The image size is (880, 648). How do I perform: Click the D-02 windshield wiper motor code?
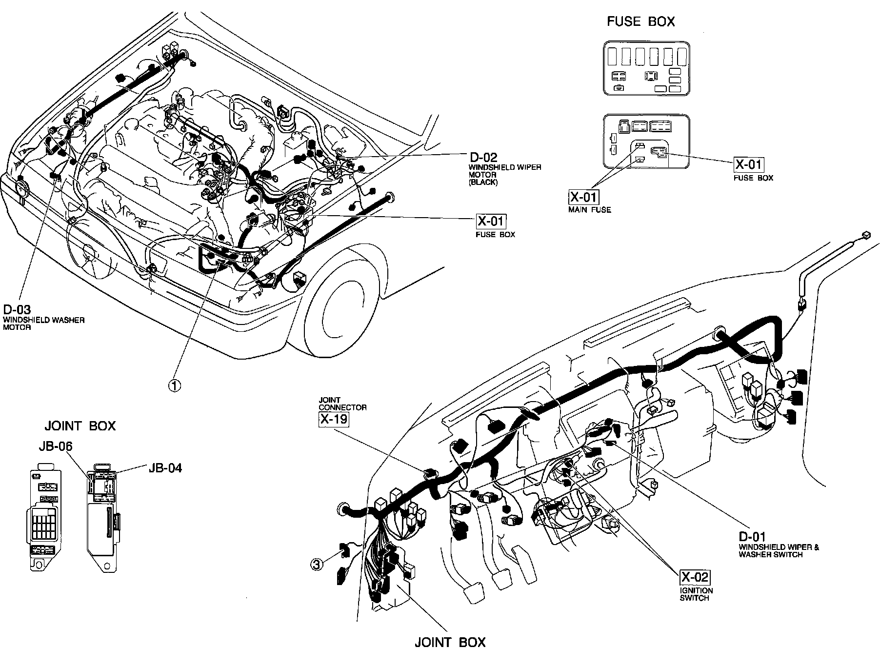point(483,157)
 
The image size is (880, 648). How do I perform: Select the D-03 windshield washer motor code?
point(17,309)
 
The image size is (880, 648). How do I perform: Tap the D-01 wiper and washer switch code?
point(752,537)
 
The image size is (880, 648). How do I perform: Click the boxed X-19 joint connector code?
point(334,418)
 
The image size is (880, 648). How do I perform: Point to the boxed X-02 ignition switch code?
point(695,578)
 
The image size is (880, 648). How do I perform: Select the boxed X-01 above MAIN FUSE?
point(584,197)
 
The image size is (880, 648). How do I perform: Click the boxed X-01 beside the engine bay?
point(491,221)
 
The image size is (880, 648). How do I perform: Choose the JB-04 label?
point(165,468)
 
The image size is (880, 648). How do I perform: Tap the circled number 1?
point(174,385)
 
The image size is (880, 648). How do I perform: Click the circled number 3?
point(317,565)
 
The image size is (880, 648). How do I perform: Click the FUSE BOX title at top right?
point(640,21)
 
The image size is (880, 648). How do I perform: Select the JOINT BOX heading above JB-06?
point(80,425)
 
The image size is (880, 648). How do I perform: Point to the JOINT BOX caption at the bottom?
point(450,642)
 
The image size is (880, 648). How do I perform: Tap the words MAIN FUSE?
point(589,210)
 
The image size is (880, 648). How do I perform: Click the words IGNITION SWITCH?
point(696,594)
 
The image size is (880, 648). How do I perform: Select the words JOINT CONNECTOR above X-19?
point(342,404)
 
